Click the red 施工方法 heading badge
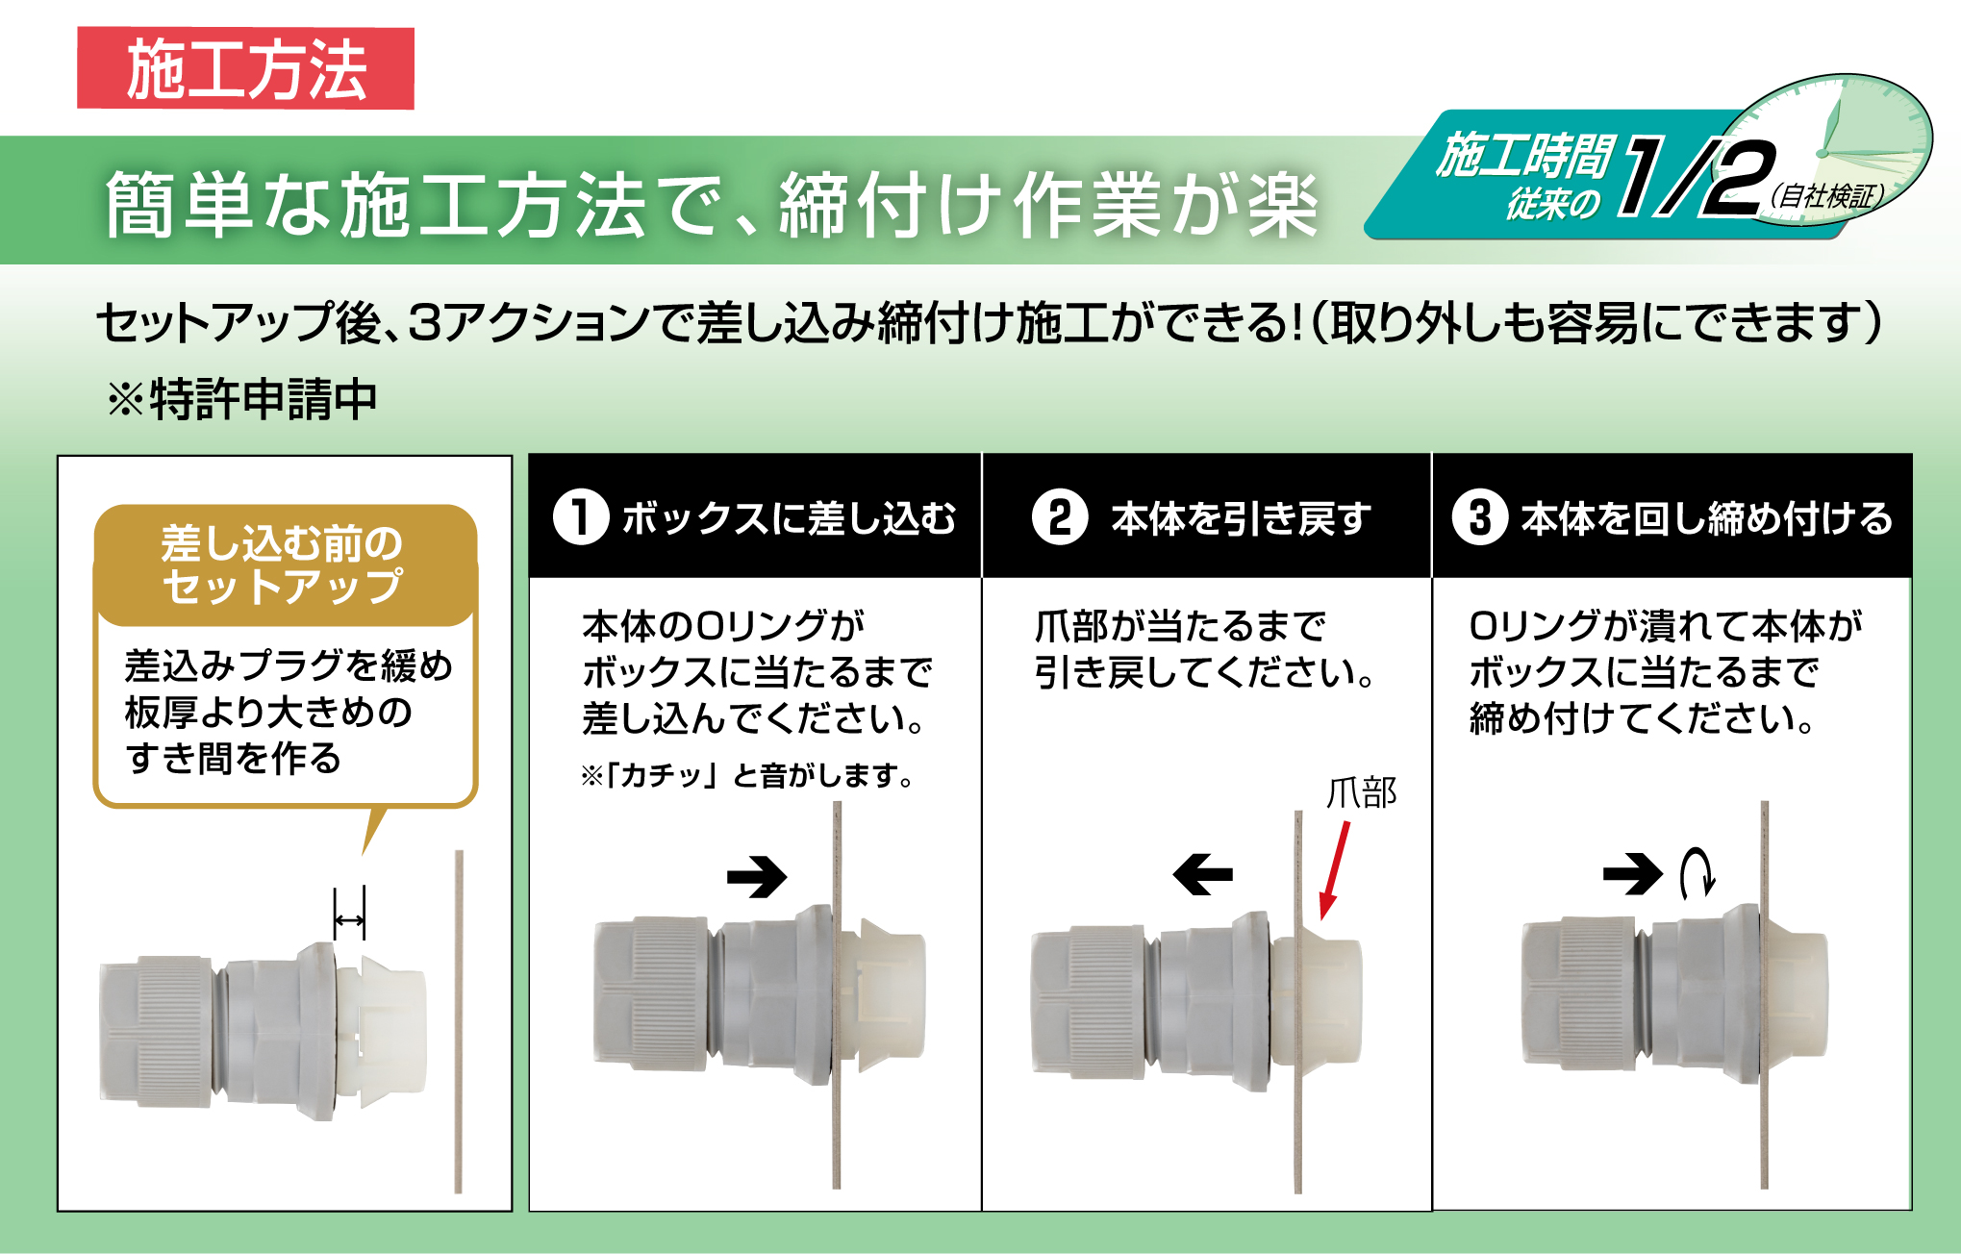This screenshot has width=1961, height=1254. pyautogui.click(x=245, y=68)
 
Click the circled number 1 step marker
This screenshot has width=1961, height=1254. pyautogui.click(x=580, y=517)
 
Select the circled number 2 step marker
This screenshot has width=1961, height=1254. pyautogui.click(x=1059, y=517)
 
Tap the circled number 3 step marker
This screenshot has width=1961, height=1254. pyautogui.click(x=1480, y=517)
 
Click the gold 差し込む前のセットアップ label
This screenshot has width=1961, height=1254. pyautogui.click(x=285, y=565)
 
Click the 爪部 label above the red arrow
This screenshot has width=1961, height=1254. pyautogui.click(x=1361, y=793)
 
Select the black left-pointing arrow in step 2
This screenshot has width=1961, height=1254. pyautogui.click(x=1202, y=874)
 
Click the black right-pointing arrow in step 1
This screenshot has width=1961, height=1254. pyautogui.click(x=757, y=876)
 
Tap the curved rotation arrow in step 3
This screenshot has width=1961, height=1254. pyautogui.click(x=1697, y=873)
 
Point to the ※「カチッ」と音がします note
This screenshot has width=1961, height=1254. pyautogui.click(x=747, y=775)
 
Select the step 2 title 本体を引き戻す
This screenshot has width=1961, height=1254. pyautogui.click(x=1241, y=518)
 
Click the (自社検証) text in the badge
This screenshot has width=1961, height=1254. pyautogui.click(x=1825, y=196)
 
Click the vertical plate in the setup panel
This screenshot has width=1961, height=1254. pyautogui.click(x=459, y=1021)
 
